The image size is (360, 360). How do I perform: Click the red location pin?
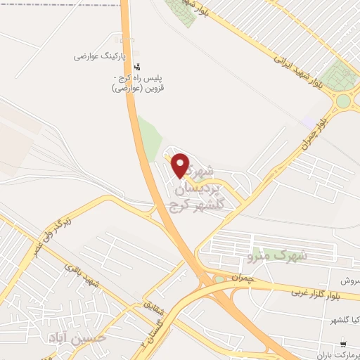[x=181, y=165]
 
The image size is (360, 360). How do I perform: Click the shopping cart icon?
[x=342, y=345]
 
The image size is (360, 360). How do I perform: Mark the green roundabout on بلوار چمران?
[x=343, y=101]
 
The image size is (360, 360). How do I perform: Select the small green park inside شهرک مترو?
[x=220, y=280]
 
